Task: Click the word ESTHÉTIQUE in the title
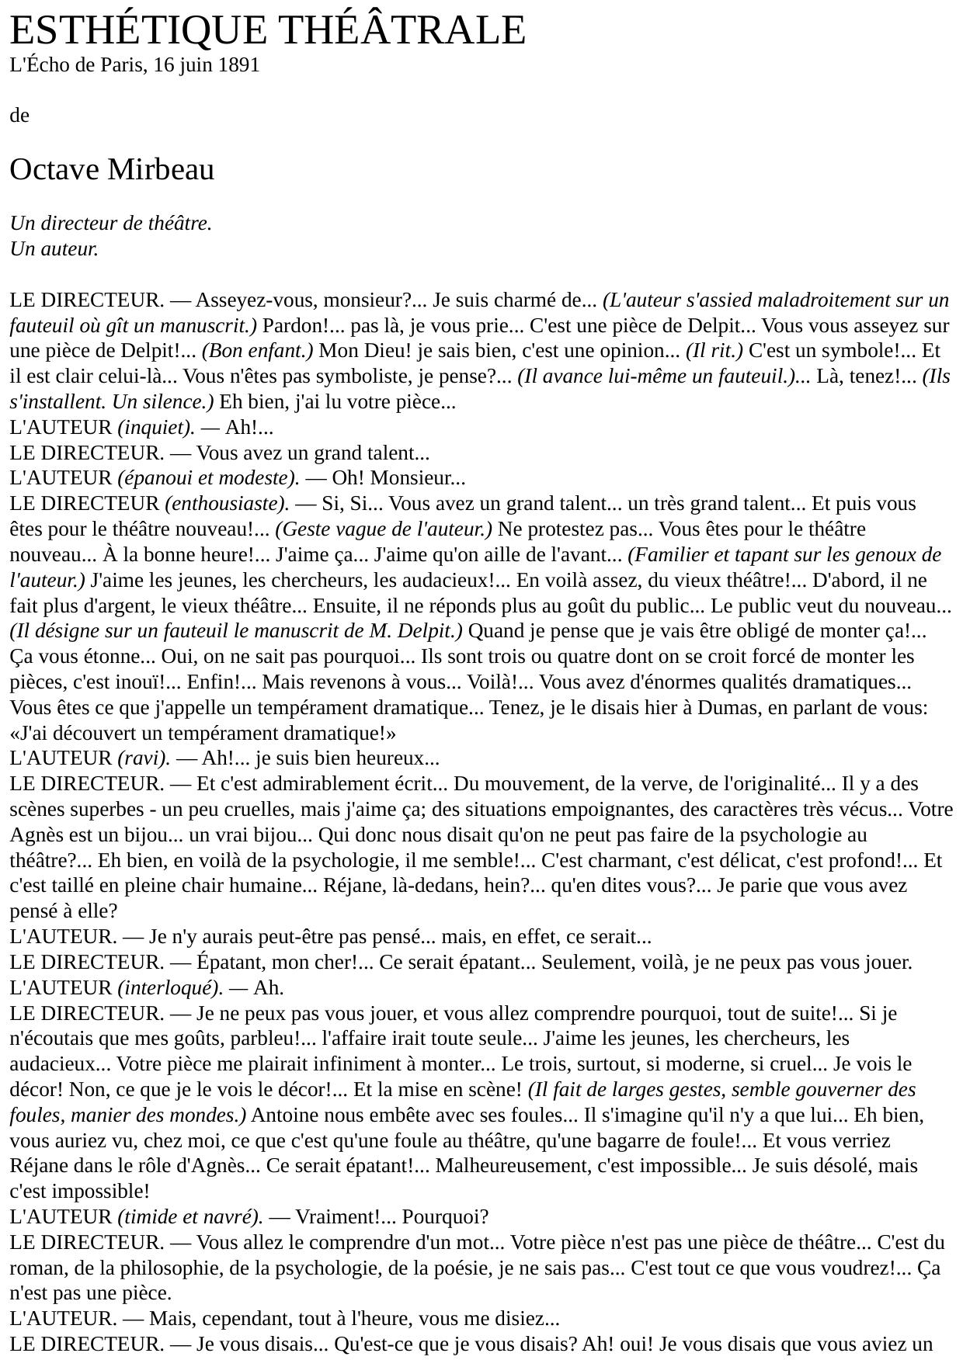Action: pos(138,31)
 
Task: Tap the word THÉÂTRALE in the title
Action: pos(402,31)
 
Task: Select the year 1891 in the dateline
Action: pos(238,65)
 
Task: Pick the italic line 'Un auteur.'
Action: pos(54,249)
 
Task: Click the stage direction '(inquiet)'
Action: pos(155,428)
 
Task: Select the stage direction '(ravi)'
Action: pos(144,758)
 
